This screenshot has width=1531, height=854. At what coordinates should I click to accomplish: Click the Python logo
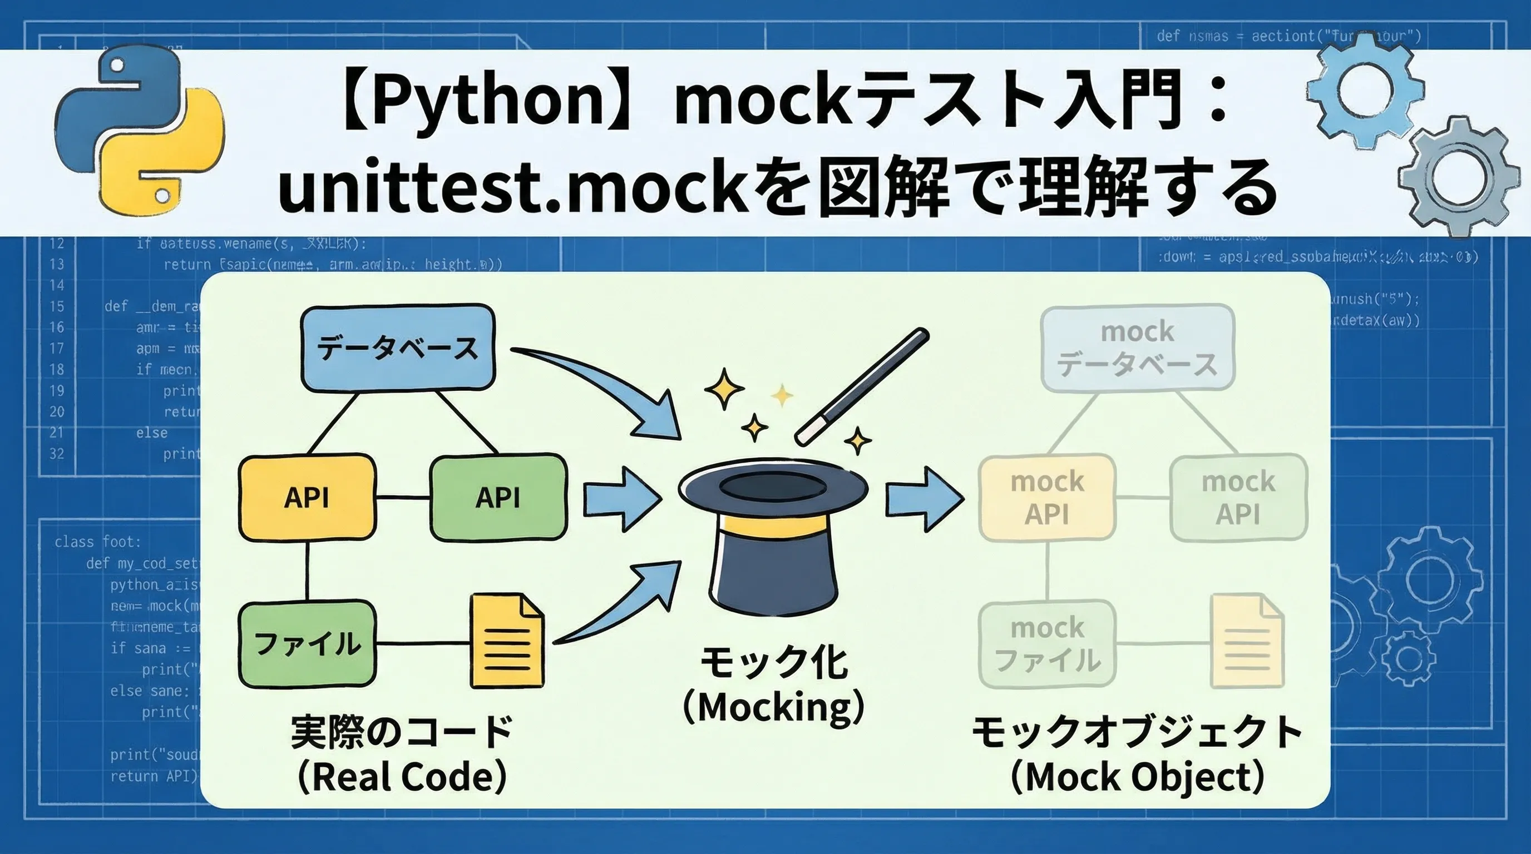pos(140,131)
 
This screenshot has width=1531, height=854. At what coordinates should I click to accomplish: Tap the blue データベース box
pos(398,347)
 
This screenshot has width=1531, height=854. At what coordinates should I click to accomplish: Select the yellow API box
pos(307,497)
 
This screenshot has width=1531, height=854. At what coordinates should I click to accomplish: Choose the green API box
pos(498,497)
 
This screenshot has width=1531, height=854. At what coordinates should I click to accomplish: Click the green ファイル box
pos(307,644)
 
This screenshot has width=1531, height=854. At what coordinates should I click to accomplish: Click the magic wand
pos(862,385)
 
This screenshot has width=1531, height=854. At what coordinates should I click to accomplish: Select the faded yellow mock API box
pos(1046,497)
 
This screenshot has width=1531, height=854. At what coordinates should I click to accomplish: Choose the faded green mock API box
pos(1238,497)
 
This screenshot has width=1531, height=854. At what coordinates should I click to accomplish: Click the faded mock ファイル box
pos(1046,644)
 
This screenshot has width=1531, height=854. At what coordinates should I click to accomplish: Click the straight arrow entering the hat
pos(621,498)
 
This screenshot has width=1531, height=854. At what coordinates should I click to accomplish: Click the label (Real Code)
pos(402,776)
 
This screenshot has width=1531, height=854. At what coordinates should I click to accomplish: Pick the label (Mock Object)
pos(1137,776)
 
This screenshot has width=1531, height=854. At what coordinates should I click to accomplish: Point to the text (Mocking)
pos(773,707)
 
